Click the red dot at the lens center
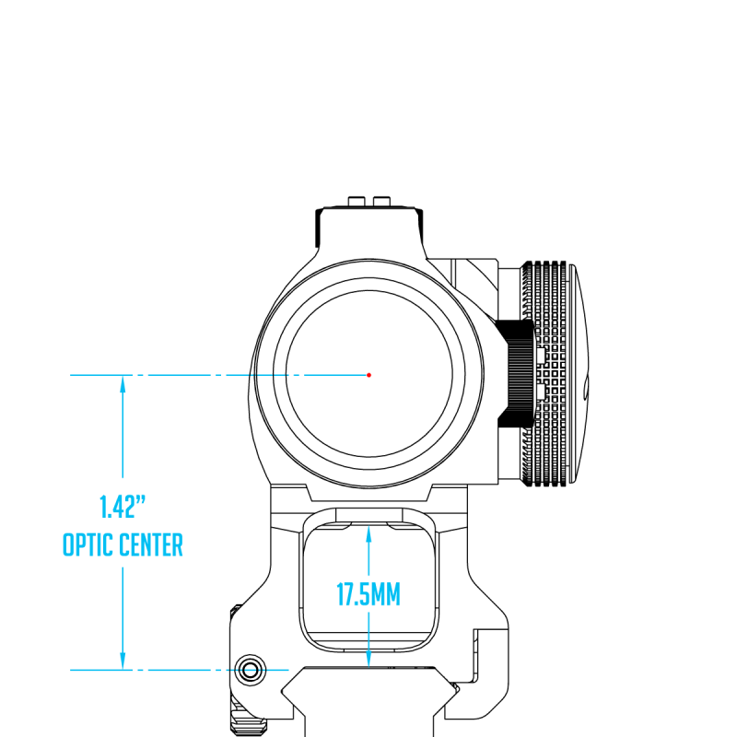click(369, 375)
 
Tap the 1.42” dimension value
click(123, 507)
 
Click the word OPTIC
click(88, 544)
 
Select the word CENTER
click(151, 544)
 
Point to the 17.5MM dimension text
click(368, 594)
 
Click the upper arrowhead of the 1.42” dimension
click(123, 384)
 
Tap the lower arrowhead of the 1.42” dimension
click(123, 661)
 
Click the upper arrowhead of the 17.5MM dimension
click(368, 535)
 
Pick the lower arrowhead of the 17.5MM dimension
click(368, 658)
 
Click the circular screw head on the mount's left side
click(250, 670)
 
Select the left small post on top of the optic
click(357, 201)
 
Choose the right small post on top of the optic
click(381, 201)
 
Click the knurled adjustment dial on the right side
click(545, 374)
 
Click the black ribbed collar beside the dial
click(517, 374)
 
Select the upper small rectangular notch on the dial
click(540, 356)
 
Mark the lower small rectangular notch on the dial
click(540, 391)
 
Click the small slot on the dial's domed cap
click(586, 388)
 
